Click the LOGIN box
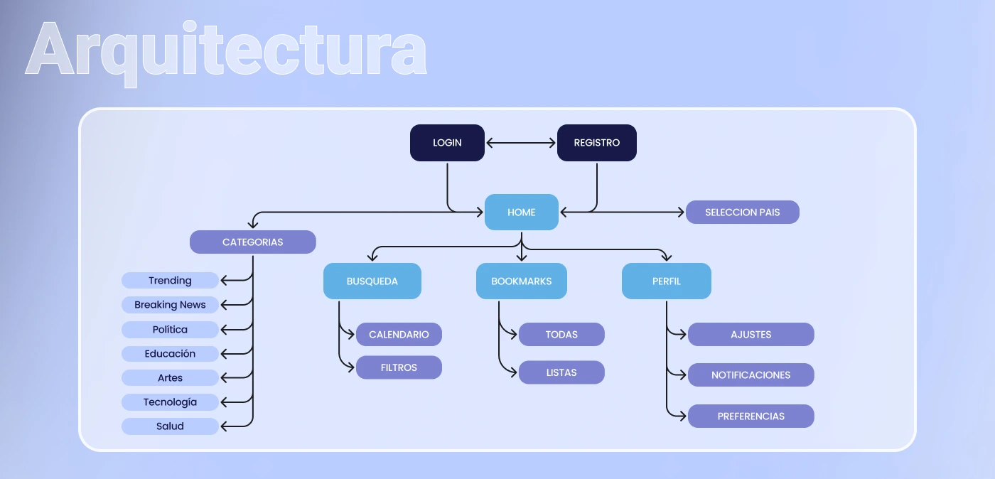tap(447, 143)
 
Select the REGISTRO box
tap(596, 143)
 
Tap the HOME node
tap(521, 212)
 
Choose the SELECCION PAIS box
tap(742, 212)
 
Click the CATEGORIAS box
tap(252, 242)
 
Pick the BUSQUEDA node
tap(372, 281)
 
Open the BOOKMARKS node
tap(521, 281)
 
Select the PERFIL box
tap(666, 281)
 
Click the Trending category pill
tap(170, 281)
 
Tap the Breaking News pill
tap(170, 305)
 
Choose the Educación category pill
tap(170, 354)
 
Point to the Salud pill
tap(170, 426)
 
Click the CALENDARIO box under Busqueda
tap(399, 335)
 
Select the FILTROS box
tap(399, 367)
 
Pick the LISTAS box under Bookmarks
tap(561, 372)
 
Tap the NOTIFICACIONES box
tap(751, 375)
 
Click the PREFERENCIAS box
tap(751, 416)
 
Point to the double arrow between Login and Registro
tap(521, 143)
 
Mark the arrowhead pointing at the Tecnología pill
tap(224, 402)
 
